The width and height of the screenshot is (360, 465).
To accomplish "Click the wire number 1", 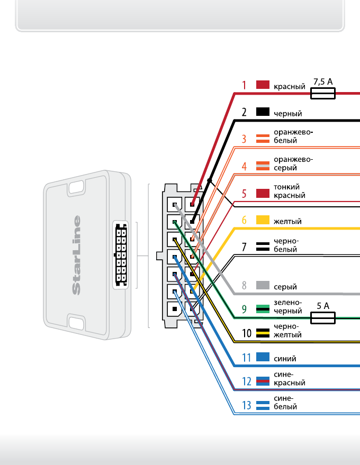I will point(244,85).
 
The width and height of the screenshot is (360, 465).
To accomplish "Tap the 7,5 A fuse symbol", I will point(322,94).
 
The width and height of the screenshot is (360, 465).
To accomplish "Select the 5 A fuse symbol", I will point(322,317).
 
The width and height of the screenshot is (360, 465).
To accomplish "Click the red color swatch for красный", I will point(263,85).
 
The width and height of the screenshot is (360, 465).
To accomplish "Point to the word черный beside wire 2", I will point(288,113).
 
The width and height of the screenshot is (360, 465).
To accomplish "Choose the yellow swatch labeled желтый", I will point(263,220).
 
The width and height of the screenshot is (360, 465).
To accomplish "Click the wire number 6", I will point(244,220).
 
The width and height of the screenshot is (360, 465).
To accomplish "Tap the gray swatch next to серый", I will point(263,286).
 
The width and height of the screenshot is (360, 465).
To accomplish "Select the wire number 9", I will point(244,309).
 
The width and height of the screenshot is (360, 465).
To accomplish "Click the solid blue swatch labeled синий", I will point(263,357).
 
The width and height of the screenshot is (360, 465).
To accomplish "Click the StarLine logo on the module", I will point(77,254).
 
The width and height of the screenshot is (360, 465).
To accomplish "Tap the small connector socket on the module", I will point(121,255).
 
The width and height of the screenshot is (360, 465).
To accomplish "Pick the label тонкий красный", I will point(289,192).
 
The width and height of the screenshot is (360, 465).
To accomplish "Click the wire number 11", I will point(246,358).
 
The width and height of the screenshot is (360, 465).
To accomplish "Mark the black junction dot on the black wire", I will point(210,181).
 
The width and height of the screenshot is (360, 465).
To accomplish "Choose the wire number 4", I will point(244,166).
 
